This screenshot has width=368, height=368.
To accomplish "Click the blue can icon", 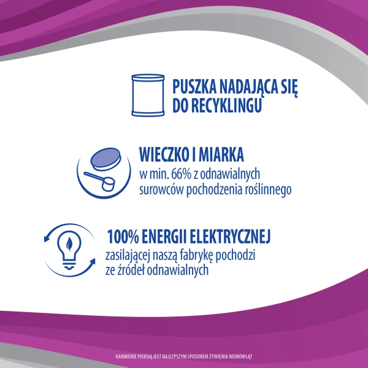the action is coord(148,95).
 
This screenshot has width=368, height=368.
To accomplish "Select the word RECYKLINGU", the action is coord(226,105).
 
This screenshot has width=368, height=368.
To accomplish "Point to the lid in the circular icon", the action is coord(105,159).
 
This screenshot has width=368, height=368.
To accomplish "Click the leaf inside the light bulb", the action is coord(69,244).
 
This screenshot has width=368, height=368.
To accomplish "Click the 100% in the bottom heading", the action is coord(123,237).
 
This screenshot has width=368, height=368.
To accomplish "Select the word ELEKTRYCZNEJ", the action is coord(230,237).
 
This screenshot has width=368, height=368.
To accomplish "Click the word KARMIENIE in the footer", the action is coord(126,356).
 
